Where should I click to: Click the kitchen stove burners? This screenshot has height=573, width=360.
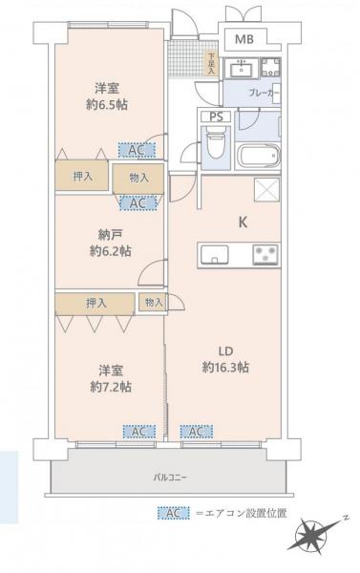[x=266, y=254]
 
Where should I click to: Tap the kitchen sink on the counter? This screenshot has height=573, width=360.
[x=215, y=254]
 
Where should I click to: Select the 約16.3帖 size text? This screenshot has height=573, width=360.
[x=225, y=367]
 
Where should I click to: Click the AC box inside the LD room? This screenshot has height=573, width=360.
[x=196, y=432]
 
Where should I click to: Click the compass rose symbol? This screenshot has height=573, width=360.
[x=314, y=536]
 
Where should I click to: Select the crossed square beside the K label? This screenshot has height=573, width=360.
[x=266, y=188]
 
